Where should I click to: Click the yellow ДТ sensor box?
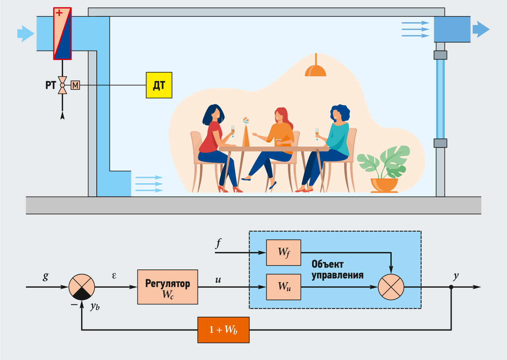[159, 85]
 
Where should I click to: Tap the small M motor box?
[75, 85]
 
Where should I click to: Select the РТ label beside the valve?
[51, 85]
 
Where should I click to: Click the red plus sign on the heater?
[59, 13]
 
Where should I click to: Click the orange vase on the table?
[246, 136]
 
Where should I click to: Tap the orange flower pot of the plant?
[384, 185]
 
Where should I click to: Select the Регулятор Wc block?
[168, 287]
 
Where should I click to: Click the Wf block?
[284, 252]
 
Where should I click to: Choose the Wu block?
[284, 287]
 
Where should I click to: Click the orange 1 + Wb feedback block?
[223, 330]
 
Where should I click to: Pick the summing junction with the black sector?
[82, 287]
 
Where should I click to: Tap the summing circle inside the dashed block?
[391, 287]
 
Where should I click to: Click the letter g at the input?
[45, 276]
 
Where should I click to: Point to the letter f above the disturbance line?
[218, 244]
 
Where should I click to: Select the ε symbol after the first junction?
[114, 276]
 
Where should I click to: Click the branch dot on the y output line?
[451, 287]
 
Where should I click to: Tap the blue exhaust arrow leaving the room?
[481, 29]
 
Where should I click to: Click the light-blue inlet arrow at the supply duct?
[25, 34]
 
